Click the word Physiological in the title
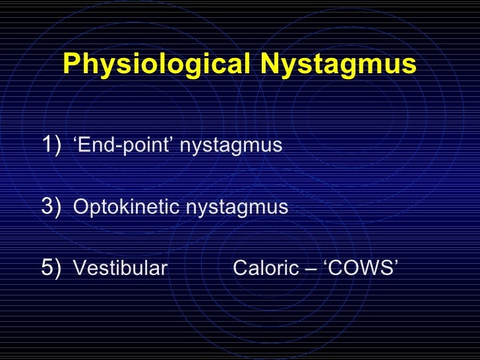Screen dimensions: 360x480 click(155, 65)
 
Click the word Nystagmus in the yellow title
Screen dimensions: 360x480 click(338, 65)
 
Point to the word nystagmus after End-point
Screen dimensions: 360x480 click(231, 144)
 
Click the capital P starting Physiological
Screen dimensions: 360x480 click(71, 65)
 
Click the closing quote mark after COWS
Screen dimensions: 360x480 click(396, 264)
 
